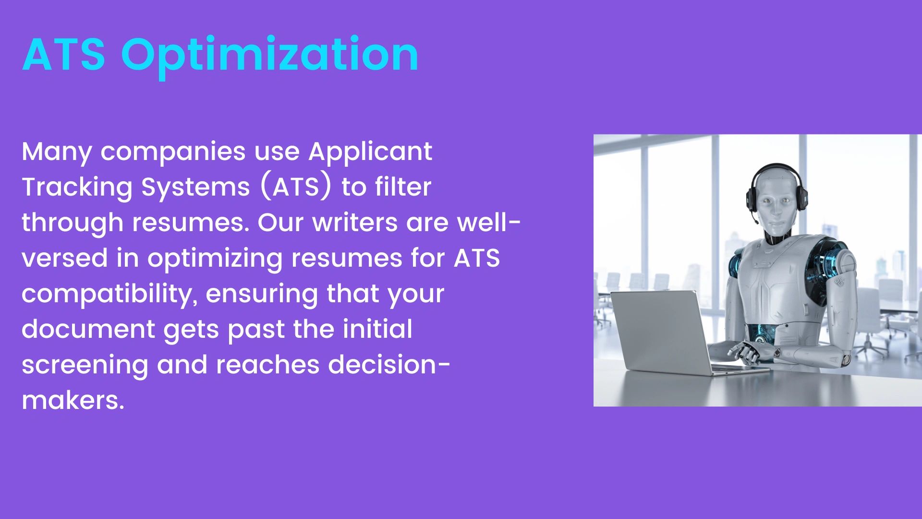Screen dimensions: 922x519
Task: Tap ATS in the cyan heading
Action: pos(63,54)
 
